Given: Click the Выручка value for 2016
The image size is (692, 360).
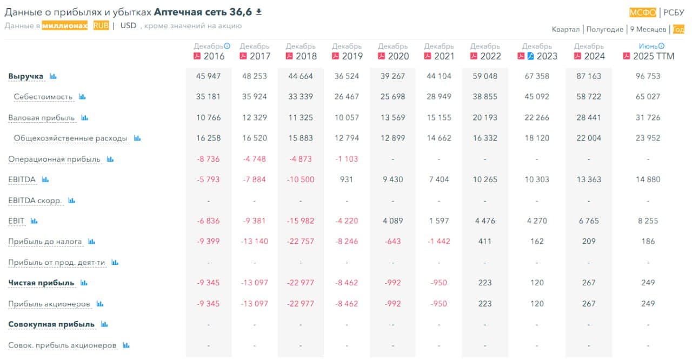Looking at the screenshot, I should point(208,76).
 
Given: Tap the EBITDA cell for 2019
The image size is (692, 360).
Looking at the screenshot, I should point(347,179).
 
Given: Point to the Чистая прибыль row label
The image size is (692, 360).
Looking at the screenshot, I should point(41,283).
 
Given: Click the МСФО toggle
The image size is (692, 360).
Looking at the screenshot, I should point(643,13).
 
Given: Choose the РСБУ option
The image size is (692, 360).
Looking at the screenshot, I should point(674,13).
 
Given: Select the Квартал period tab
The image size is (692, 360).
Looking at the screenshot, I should point(565,29).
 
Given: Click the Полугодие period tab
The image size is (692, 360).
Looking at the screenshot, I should point(604,29).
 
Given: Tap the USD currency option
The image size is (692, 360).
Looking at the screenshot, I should point(128,25).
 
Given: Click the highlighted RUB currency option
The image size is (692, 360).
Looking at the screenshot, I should point(101,25).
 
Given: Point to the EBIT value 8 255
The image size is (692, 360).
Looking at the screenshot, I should point(648,221).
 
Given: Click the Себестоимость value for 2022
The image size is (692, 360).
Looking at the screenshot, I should point(485,97).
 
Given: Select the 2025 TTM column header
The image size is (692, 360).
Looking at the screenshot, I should point(654,56).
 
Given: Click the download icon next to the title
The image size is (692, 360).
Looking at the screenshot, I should point(259,12).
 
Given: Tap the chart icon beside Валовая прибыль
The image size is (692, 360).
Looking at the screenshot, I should point(85,117).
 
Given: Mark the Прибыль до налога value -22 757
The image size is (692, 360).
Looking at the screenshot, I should point(301,242).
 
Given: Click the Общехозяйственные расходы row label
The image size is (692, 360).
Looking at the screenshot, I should point(70,138).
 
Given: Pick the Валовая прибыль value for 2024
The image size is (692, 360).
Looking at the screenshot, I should point(589,117).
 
